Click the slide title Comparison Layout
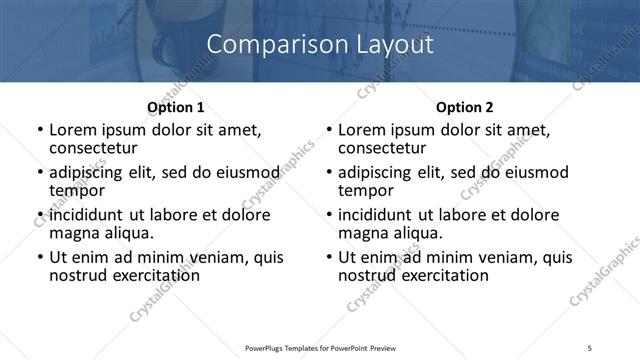click(x=319, y=45)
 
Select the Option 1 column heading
click(x=175, y=106)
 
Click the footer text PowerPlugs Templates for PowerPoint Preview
click(x=320, y=348)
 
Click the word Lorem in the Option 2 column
click(x=361, y=130)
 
